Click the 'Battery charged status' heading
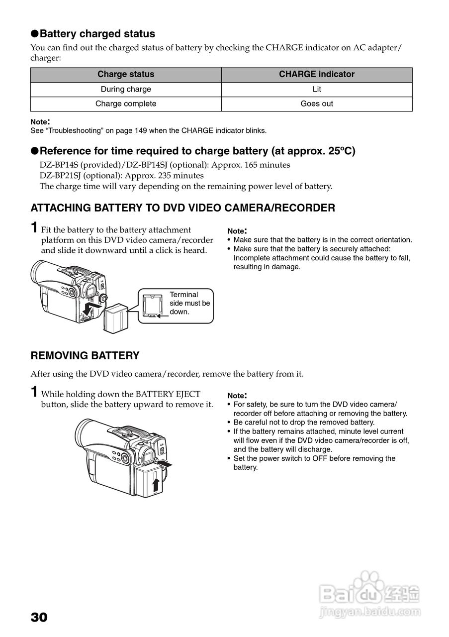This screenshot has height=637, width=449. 97,34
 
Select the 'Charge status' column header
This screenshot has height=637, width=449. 126,74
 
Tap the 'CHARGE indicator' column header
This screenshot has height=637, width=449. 317,74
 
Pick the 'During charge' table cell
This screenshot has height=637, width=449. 126,89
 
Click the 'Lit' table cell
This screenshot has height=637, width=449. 317,89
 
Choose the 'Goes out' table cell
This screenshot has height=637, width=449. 317,104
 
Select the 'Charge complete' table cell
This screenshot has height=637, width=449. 126,104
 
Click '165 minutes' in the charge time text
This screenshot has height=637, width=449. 269,165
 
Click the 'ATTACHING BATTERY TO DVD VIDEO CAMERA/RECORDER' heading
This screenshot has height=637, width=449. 183,208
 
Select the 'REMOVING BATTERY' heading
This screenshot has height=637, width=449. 85,356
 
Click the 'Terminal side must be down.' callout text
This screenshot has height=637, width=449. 189,303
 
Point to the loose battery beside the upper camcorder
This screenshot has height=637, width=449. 115,317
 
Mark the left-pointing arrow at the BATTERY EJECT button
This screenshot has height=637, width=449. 167,464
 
